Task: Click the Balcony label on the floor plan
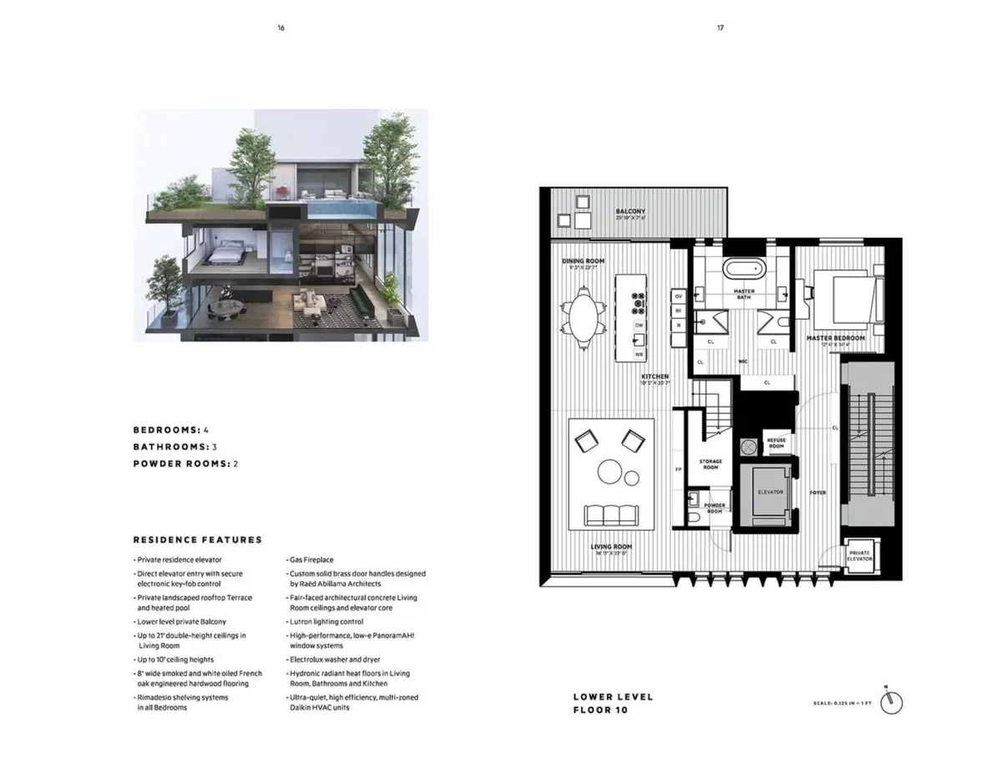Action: (x=630, y=212)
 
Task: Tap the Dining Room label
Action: (x=583, y=261)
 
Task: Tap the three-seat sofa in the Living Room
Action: (x=610, y=514)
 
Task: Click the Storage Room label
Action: (x=711, y=464)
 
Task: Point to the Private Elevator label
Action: (x=859, y=557)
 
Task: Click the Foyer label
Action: (x=817, y=493)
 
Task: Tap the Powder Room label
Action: (x=714, y=508)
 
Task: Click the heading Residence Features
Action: (x=197, y=540)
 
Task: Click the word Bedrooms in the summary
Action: (x=165, y=430)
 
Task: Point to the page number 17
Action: (x=720, y=28)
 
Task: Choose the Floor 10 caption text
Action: (x=600, y=711)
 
